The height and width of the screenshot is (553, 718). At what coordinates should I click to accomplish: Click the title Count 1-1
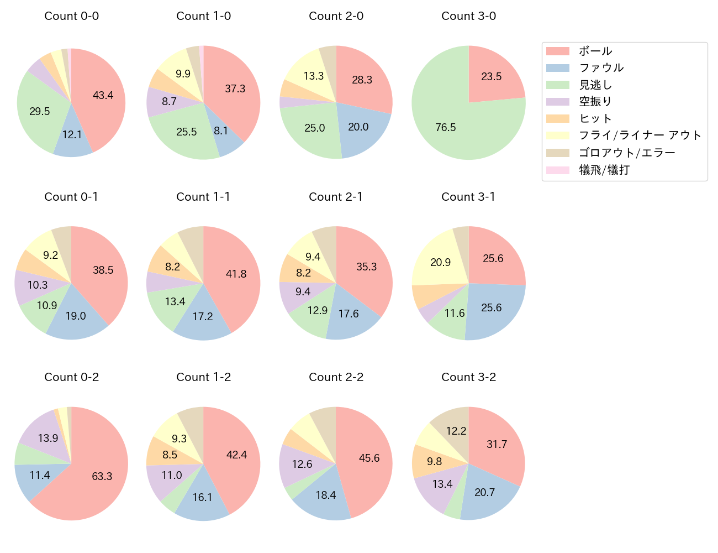203,197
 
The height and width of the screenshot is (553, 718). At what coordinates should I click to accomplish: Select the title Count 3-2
468,377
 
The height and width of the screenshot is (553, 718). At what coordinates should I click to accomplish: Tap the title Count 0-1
71,197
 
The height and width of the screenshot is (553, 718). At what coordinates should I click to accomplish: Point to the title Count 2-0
336,16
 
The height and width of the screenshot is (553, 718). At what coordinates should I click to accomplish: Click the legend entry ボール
595,51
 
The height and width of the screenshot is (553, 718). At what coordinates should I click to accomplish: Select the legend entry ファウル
601,68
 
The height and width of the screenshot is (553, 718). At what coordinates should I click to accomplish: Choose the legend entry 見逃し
595,85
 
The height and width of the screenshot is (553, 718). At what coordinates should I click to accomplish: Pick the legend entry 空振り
595,102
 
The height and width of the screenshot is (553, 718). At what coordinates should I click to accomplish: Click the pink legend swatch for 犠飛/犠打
557,170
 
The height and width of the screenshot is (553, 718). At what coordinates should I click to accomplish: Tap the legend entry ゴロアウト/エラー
627,153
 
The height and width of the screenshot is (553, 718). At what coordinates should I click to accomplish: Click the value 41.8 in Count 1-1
236,274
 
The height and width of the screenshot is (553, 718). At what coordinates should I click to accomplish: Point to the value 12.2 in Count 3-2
456,431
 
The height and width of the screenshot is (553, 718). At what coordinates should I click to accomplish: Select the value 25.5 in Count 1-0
187,132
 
